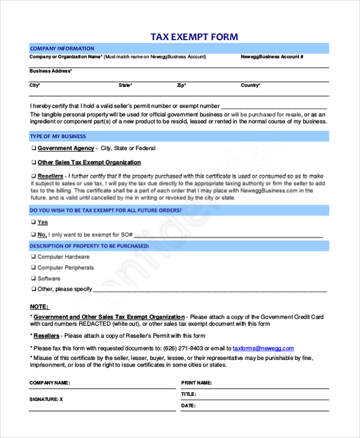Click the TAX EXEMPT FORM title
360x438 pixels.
click(194, 37)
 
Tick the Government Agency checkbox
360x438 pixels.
click(33, 148)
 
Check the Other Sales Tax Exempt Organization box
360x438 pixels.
click(33, 163)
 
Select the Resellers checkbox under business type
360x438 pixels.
click(33, 176)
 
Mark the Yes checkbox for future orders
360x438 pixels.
click(33, 223)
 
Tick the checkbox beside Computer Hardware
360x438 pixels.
click(33, 257)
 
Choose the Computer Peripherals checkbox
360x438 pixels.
click(33, 268)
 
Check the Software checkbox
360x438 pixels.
click(33, 278)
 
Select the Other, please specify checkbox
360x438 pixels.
click(33, 289)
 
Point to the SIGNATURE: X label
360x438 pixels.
click(46, 398)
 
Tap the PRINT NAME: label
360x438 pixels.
click(196, 382)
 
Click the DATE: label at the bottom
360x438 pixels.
click(188, 406)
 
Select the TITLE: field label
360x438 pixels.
click(188, 394)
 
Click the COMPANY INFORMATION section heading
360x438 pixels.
click(62, 49)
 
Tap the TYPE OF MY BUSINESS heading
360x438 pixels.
click(58, 136)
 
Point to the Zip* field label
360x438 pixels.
click(182, 85)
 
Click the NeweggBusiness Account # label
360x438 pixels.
click(272, 57)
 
